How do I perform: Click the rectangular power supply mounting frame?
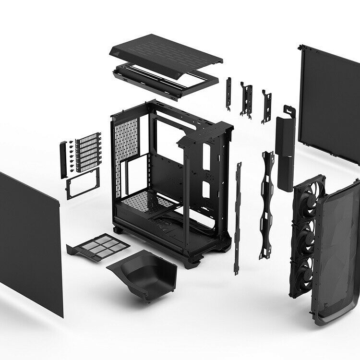point(82,184)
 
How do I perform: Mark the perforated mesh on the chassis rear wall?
point(126,139)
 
